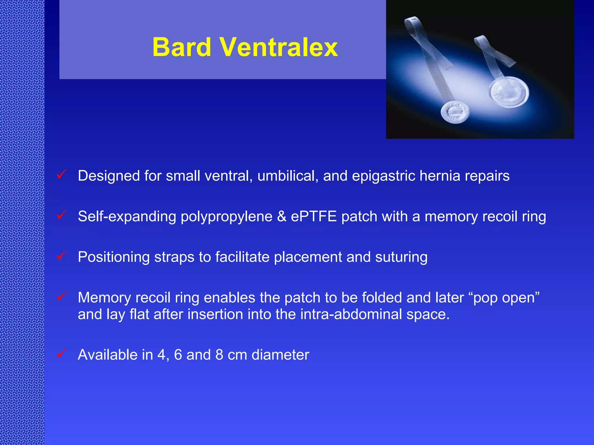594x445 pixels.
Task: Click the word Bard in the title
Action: (182, 47)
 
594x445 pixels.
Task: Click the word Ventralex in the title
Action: (278, 47)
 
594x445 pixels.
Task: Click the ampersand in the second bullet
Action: (282, 216)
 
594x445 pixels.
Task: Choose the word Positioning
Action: (114, 257)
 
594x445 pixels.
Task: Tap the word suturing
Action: (401, 257)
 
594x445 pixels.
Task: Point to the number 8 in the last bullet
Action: (219, 355)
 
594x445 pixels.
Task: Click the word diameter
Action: (280, 355)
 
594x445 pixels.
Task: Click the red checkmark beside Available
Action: (61, 353)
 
